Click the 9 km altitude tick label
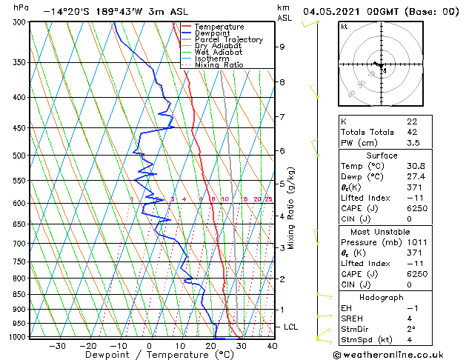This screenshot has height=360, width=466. pos(282,47)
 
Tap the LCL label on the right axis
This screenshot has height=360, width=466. pos(291,327)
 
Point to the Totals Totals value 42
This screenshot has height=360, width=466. pos(412,132)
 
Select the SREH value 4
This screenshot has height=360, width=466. pos(409,319)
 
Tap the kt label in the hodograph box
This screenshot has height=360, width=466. pos(344,26)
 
